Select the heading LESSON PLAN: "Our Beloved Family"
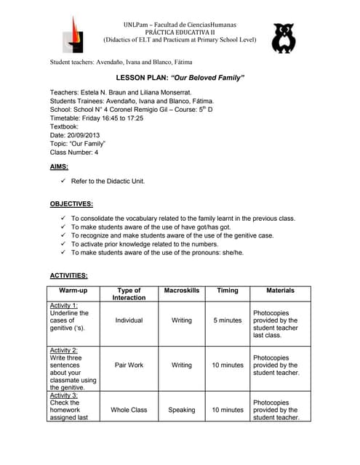click(x=180, y=78)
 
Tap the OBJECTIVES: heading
click(x=71, y=204)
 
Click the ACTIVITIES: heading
click(x=69, y=276)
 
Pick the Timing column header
click(x=227, y=291)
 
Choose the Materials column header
click(x=280, y=291)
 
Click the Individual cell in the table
click(x=129, y=320)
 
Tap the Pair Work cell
click(x=129, y=365)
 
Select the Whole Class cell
click(x=129, y=410)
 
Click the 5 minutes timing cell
click(x=227, y=320)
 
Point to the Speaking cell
click(x=181, y=410)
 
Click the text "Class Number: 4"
click(x=73, y=153)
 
